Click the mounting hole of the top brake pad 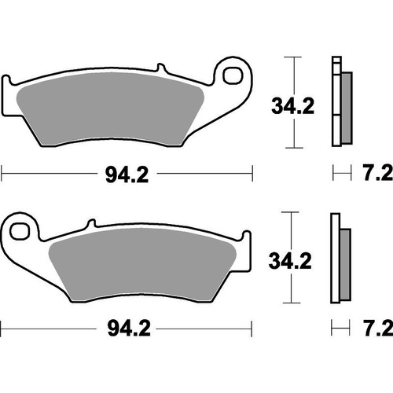pyautogui.click(x=234, y=75)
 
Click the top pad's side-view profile pyautogui.click(x=340, y=102)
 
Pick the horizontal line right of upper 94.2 pyautogui.click(x=204, y=171)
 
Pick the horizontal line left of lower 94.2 pyautogui.click(x=47, y=325)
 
